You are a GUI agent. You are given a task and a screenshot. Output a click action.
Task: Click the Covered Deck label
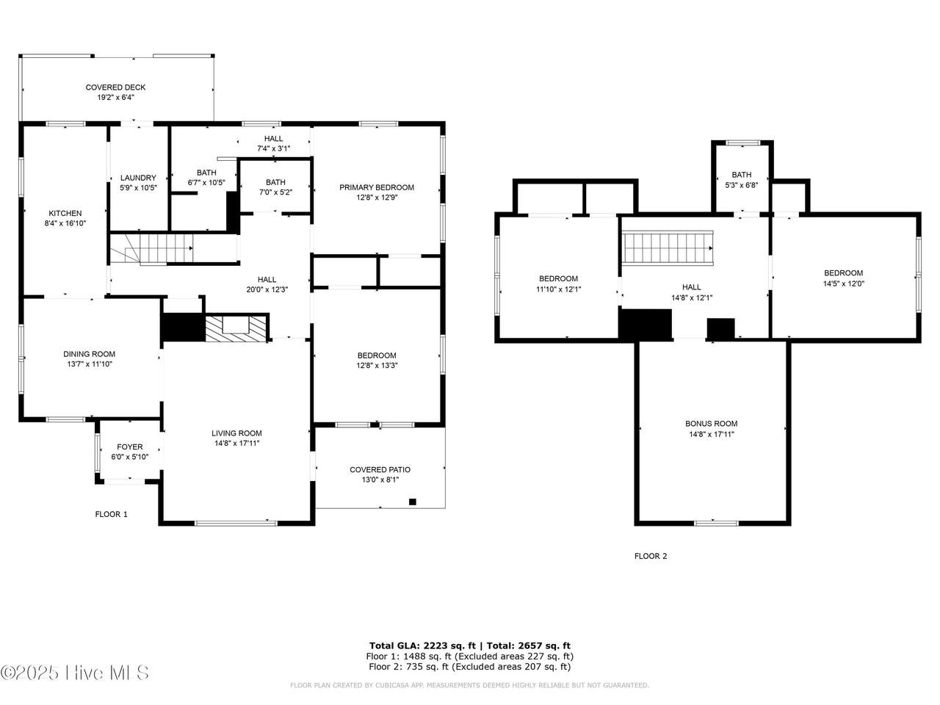[115, 87]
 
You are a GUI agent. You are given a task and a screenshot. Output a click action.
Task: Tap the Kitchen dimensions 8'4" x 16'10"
[65, 223]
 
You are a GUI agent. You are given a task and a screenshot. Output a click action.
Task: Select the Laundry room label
[138, 178]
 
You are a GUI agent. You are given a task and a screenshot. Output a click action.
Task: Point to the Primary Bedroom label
[377, 187]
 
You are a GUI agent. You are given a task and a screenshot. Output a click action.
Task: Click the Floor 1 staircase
[152, 248]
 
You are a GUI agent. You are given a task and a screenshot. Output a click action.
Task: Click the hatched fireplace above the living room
[236, 329]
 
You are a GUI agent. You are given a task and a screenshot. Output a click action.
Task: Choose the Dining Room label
[89, 354]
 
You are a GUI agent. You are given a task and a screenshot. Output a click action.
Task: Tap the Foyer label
[130, 447]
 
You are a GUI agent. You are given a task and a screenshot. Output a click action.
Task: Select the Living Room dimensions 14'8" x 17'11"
[236, 443]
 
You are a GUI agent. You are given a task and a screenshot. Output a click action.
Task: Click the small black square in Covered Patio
[413, 502]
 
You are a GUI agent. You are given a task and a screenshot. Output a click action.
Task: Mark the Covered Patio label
[380, 469]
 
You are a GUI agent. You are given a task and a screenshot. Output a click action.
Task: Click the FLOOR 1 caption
[112, 514]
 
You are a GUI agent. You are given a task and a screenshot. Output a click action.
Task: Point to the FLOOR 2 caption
[651, 556]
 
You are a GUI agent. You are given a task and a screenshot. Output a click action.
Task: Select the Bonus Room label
[712, 423]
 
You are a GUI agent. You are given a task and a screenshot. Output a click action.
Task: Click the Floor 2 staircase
[668, 248]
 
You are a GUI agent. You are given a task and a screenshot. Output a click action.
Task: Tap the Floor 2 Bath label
[741, 175]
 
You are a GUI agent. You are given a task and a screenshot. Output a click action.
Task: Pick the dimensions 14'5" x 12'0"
[844, 283]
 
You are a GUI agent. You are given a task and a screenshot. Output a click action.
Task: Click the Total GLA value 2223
[436, 646]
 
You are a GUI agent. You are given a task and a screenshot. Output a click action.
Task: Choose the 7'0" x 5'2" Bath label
[275, 182]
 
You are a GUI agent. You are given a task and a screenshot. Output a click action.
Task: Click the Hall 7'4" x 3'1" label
[273, 138]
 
